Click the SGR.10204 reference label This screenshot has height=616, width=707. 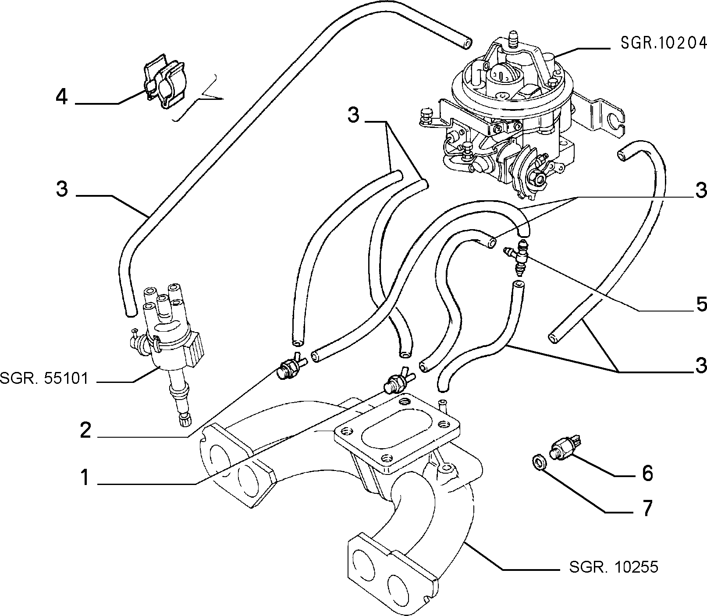[663, 42]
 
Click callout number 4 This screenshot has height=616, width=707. [62, 97]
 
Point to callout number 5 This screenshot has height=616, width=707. [701, 304]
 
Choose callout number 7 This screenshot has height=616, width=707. [647, 508]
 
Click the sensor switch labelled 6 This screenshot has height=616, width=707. [565, 446]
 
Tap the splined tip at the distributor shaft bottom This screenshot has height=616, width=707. [184, 421]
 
